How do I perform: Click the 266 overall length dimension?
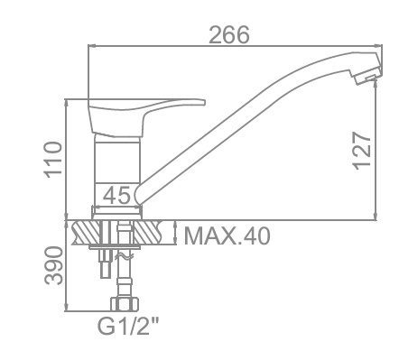(x=229, y=34)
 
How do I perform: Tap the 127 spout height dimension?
(x=362, y=151)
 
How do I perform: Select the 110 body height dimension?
(x=53, y=160)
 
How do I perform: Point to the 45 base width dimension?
(x=116, y=195)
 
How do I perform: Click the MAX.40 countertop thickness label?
(x=227, y=236)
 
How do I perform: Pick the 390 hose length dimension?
(x=53, y=265)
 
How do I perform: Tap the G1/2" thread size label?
(x=128, y=326)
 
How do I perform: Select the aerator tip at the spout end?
(x=367, y=75)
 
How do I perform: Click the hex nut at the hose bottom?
(x=125, y=304)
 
